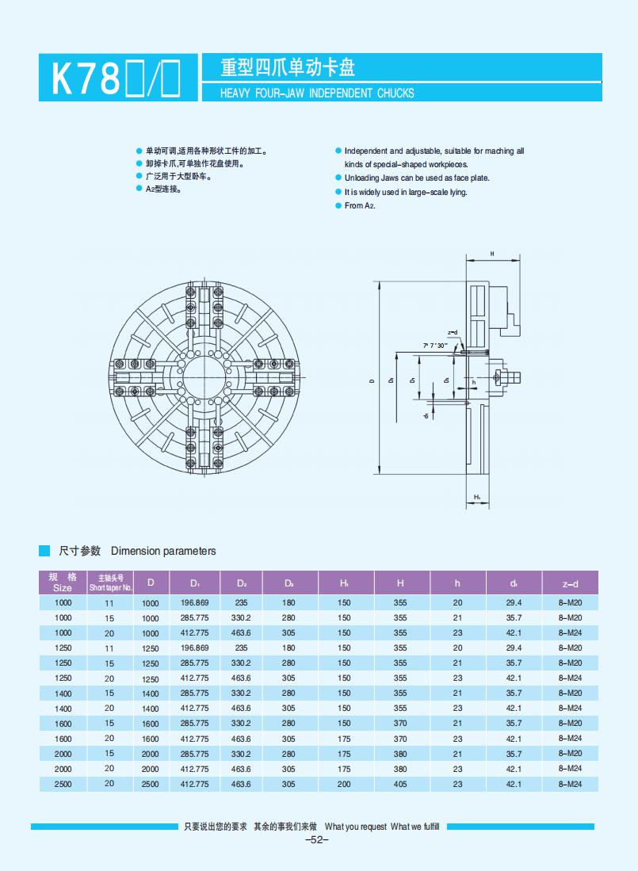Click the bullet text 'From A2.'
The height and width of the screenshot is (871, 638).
tap(360, 205)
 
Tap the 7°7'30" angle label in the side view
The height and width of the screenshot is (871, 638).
tap(435, 346)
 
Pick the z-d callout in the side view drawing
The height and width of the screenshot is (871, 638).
tap(453, 332)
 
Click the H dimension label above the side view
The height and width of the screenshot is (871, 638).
tap(491, 254)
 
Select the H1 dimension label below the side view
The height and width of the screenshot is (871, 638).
tap(477, 497)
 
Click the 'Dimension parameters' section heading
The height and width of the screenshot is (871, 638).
tap(163, 551)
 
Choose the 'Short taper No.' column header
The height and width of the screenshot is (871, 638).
tap(110, 583)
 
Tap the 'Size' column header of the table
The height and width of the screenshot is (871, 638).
tap(63, 583)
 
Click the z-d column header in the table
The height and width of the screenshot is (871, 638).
tap(570, 583)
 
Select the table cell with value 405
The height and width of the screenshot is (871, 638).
tap(400, 783)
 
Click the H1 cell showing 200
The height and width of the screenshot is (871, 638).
tap(344, 783)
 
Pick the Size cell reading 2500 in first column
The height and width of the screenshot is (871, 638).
tap(63, 783)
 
